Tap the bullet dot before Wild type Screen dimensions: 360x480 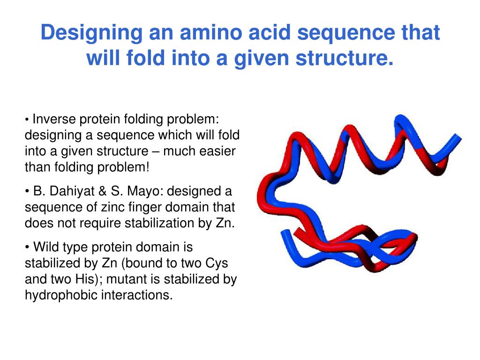[28, 247]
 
